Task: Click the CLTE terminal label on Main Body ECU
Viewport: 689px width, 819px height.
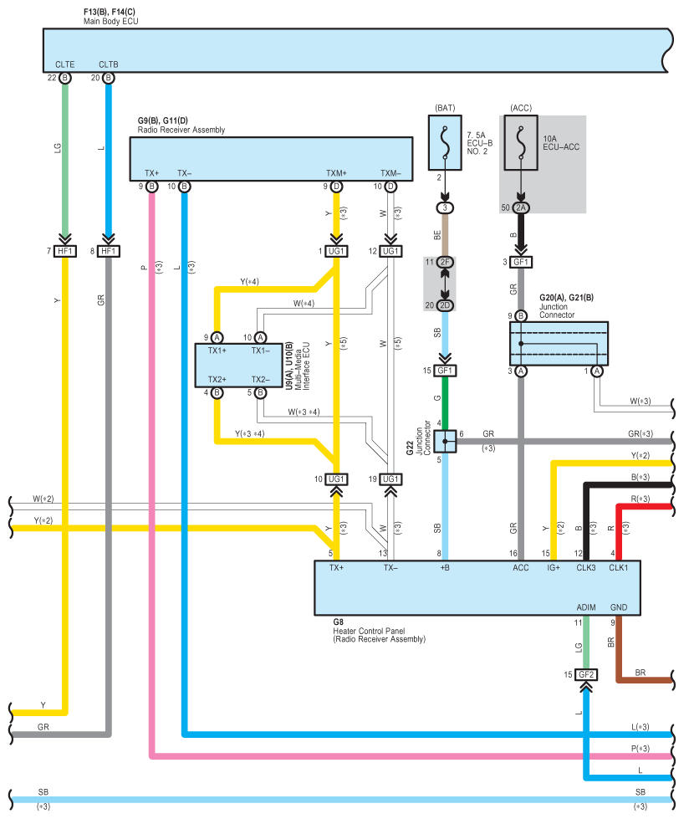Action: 64,64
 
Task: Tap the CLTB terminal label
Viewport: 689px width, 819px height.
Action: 108,64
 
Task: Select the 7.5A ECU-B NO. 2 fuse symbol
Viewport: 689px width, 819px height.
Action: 445,142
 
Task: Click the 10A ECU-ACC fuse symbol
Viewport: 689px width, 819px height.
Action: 520,142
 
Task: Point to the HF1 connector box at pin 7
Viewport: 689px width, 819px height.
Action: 64,251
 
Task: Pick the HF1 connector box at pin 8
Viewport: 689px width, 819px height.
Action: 108,251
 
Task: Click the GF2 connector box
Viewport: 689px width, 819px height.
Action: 586,674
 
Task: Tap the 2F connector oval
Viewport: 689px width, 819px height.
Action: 445,262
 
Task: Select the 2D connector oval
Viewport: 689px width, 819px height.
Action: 445,305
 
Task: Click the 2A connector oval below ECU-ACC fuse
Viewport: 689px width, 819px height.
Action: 520,207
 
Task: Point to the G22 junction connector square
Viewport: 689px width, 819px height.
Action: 445,442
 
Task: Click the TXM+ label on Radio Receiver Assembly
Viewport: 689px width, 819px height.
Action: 336,173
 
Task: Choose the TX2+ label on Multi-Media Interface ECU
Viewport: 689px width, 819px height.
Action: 217,379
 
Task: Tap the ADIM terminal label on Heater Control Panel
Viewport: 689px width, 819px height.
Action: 585,607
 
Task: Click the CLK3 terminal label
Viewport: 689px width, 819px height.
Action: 585,568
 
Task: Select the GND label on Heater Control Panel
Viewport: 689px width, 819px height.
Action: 619,607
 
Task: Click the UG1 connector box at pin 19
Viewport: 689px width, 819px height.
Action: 390,479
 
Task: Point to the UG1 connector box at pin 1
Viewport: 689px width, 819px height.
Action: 336,251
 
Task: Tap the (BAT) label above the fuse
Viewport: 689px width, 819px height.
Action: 445,108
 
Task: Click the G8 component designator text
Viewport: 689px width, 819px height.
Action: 339,622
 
